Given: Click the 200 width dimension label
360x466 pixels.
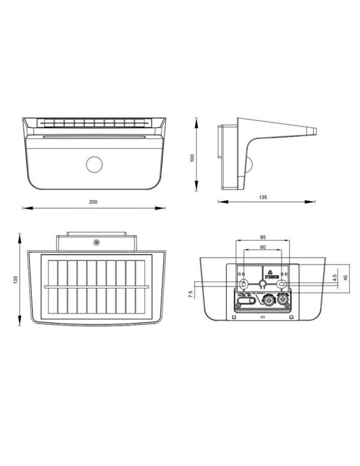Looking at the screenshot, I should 93,202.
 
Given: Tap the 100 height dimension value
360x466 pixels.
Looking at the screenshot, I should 192,158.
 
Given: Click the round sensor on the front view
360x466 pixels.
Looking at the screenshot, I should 94,164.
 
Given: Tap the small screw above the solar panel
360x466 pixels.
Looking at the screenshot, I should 95,243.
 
